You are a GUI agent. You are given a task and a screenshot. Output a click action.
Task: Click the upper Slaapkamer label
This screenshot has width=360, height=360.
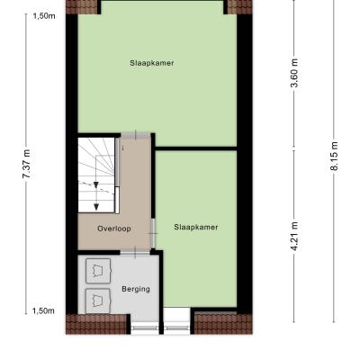click(152, 63)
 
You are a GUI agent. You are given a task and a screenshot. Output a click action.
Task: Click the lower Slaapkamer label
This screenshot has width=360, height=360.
click(196, 227)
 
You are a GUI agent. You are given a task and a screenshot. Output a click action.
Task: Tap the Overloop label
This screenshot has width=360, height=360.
click(114, 229)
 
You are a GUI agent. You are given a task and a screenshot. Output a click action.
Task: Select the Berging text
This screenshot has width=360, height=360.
click(136, 289)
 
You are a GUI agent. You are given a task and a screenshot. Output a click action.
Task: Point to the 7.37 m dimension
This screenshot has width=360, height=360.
click(26, 164)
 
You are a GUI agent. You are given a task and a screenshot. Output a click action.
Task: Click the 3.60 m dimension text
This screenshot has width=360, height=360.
click(294, 73)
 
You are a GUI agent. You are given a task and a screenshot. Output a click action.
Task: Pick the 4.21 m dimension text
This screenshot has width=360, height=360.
click(294, 237)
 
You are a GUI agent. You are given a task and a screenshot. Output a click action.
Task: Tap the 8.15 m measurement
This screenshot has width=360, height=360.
click(334, 156)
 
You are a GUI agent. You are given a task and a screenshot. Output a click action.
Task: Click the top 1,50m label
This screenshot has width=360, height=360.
click(44, 16)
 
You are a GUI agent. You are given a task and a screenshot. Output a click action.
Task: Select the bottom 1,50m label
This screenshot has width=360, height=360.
click(43, 311)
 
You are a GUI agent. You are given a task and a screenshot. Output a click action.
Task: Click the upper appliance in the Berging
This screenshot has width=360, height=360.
click(98, 271)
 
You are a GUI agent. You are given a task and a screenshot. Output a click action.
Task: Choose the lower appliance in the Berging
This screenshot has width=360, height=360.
click(98, 301)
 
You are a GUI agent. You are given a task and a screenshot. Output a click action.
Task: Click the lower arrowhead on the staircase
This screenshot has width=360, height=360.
click(96, 207)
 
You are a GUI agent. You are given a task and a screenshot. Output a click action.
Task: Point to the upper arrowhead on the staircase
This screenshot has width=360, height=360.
click(96, 185)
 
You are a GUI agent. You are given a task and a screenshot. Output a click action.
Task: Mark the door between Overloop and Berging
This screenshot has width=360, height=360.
click(135, 253)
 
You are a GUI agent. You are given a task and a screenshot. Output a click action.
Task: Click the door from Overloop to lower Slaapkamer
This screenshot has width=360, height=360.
click(153, 233)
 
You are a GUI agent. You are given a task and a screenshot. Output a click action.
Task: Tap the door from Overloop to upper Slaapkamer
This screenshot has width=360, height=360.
click(135, 135)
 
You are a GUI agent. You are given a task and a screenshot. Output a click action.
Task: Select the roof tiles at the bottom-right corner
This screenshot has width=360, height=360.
click(223, 324)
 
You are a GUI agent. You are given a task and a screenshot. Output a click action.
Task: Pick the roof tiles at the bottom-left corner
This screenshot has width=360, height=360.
click(96, 324)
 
